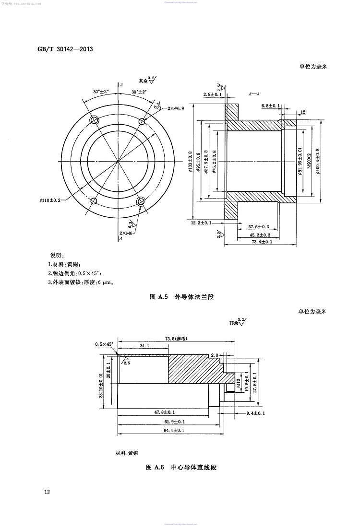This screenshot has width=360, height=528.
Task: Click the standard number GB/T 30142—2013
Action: [65, 49]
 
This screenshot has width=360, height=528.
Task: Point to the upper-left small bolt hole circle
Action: [95, 120]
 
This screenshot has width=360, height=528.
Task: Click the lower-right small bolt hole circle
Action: [141, 202]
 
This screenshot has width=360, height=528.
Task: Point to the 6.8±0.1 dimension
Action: [271, 105]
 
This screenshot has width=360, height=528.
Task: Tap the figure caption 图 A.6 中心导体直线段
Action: [181, 467]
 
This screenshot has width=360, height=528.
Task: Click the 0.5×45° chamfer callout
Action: [105, 344]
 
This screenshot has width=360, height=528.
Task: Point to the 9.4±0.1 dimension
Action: [255, 413]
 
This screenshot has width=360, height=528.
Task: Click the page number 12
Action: [47, 492]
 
